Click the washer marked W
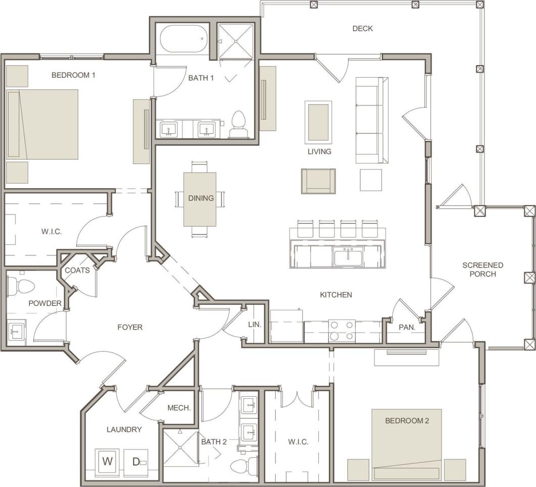[x=108, y=461]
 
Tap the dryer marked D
[x=136, y=461]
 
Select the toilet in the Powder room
[x=20, y=286]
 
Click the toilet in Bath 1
[x=238, y=124]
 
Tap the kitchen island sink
[x=348, y=257]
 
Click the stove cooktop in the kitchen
[x=342, y=331]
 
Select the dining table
[x=200, y=199]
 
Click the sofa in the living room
[x=372, y=120]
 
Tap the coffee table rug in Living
[x=318, y=121]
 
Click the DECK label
[x=362, y=28]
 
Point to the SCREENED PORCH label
[x=482, y=269]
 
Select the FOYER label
[x=130, y=327]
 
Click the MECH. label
[x=179, y=408]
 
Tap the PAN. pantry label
[x=407, y=327]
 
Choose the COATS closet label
[x=77, y=270]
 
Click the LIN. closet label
[x=255, y=324]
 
